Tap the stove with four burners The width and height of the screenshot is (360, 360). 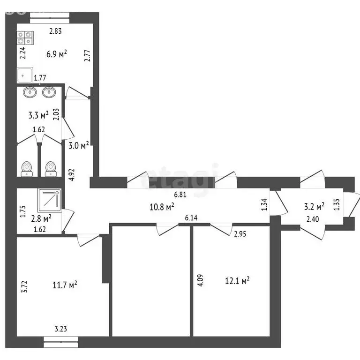[25, 37]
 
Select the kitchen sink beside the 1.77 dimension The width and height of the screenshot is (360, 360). [25, 75]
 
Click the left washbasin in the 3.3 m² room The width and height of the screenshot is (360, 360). [31, 92]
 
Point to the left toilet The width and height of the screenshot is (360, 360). [27, 168]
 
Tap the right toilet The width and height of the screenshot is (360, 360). [50, 168]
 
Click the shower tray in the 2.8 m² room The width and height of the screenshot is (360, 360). [50, 199]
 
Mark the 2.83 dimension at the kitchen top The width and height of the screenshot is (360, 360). [56, 31]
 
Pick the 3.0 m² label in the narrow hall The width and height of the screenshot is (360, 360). [79, 145]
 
